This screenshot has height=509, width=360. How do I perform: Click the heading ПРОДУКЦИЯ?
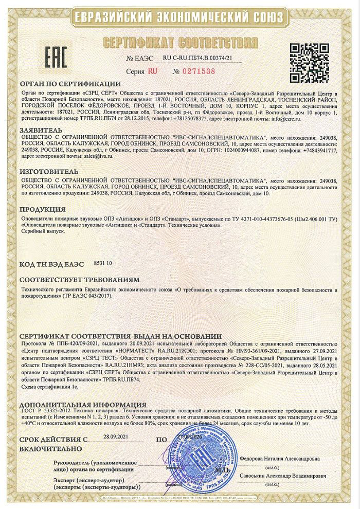[43, 210]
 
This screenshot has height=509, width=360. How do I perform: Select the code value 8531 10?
[103, 263]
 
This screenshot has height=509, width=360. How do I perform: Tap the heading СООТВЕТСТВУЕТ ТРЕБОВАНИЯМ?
[79, 281]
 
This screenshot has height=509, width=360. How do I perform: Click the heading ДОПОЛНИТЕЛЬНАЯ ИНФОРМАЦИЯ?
[83, 405]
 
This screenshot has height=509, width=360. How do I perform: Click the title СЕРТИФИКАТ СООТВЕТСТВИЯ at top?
[180, 42]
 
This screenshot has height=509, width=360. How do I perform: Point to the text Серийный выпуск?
[42, 232]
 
